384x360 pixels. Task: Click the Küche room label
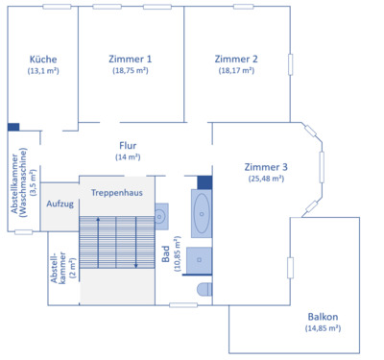click(x=43, y=59)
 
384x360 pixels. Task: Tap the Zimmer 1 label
click(x=131, y=59)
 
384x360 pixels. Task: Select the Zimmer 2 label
click(x=236, y=59)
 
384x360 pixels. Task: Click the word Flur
click(x=128, y=146)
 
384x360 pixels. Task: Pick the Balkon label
click(x=323, y=317)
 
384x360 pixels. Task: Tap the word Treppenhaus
click(x=116, y=193)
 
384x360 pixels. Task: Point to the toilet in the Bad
click(x=204, y=289)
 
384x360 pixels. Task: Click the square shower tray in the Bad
click(x=199, y=260)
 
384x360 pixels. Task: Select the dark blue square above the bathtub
click(x=204, y=182)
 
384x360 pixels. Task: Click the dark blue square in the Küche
click(x=12, y=127)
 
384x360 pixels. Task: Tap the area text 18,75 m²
click(x=131, y=71)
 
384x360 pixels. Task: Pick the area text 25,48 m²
click(x=267, y=179)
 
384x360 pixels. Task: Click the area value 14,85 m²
click(x=323, y=328)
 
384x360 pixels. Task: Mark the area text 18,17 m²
click(x=236, y=71)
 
